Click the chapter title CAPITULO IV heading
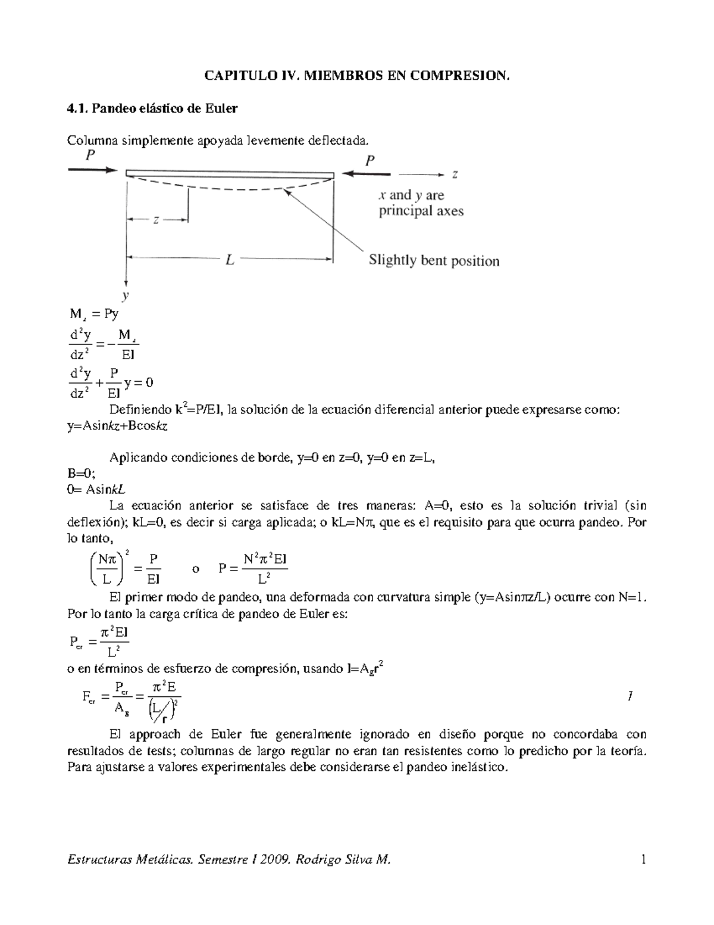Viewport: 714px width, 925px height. tap(357, 76)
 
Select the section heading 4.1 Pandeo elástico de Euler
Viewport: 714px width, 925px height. tap(152, 108)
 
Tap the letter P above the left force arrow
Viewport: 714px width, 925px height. tap(90, 156)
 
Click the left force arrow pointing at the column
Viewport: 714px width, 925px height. tap(93, 170)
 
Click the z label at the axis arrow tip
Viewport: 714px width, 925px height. tap(455, 175)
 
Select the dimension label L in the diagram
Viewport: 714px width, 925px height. tap(230, 260)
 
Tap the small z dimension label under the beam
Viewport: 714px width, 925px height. tap(156, 220)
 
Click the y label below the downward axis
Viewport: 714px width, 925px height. tap(126, 295)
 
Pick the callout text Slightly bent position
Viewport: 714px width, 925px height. tap(434, 261)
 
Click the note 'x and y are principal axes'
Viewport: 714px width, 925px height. tap(421, 203)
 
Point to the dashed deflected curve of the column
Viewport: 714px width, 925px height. tap(232, 188)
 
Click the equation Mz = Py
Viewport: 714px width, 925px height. tap(93, 314)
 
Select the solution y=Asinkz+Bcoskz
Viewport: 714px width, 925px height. tap(117, 426)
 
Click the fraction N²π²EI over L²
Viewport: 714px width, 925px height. tap(265, 569)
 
